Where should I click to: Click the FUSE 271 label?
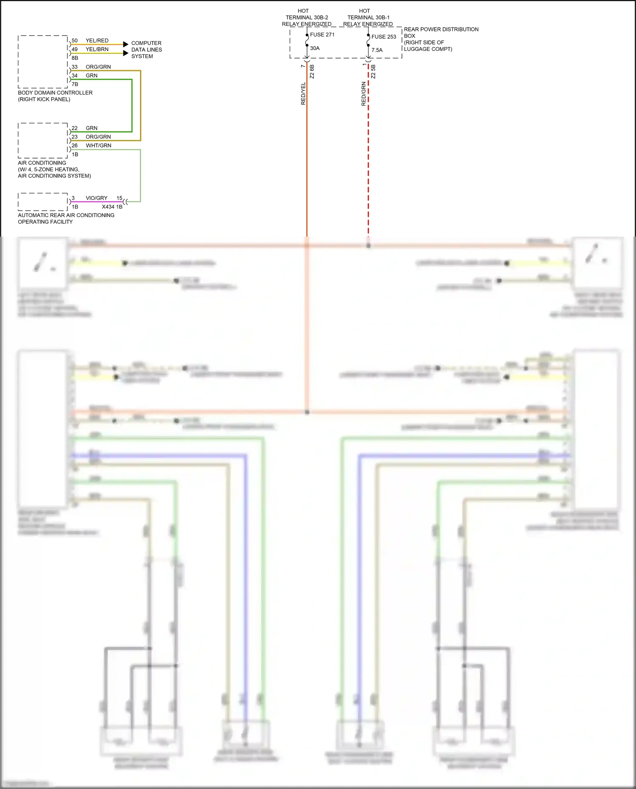pos(322,35)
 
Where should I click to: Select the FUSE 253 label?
pos(383,37)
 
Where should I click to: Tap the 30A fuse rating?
pos(315,48)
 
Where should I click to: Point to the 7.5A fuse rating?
pos(377,50)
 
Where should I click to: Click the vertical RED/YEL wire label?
pos(303,94)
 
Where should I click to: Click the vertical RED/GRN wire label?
pos(363,94)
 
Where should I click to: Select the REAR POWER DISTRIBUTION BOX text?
pos(441,33)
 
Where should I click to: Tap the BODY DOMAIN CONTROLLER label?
pos(55,93)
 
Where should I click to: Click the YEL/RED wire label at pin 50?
pos(97,41)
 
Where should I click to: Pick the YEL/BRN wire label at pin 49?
pos(97,49)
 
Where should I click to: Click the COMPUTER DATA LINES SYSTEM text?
pos(146,50)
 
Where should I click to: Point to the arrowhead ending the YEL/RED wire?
pos(126,44)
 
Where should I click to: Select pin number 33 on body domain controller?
pos(75,67)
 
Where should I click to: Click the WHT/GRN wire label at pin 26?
pos(98,145)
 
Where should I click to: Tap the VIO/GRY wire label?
pos(96,198)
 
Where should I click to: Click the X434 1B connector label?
pos(112,207)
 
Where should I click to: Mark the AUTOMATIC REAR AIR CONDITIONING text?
pos(66,215)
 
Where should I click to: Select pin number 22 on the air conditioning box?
pos(75,128)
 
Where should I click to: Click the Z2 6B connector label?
pos(312,71)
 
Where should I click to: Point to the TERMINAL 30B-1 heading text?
pos(368,17)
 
